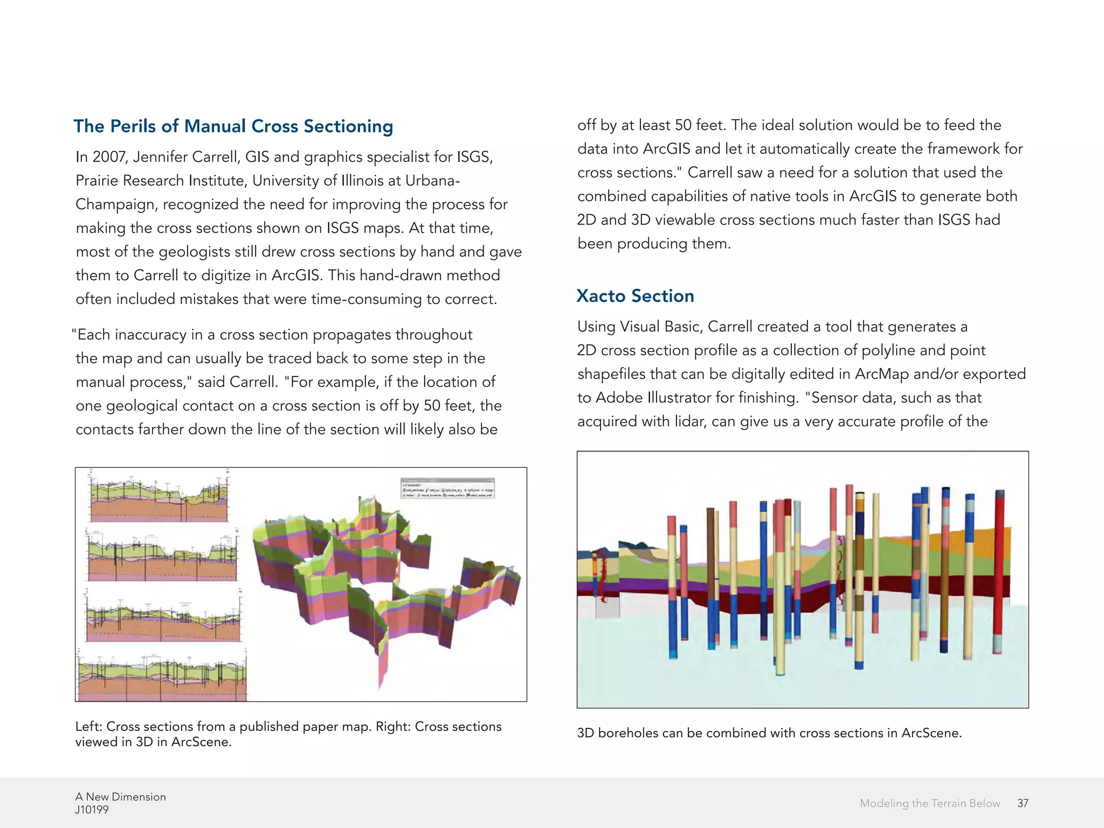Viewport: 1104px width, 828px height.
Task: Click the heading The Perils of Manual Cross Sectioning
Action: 233,126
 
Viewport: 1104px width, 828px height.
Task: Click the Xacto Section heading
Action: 635,296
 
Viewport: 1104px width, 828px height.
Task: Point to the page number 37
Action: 1023,803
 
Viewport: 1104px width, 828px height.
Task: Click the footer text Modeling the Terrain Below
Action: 929,803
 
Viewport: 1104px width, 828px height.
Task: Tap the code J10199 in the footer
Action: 92,810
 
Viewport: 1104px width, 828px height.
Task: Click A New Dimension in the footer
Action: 120,797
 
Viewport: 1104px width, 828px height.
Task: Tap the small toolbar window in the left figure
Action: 447,488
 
